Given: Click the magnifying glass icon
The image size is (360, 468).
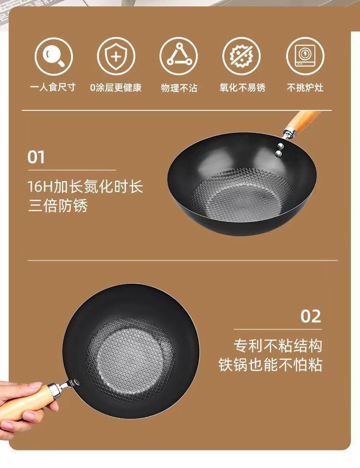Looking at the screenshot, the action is (x=54, y=57).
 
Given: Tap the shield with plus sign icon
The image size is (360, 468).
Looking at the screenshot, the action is (x=116, y=56).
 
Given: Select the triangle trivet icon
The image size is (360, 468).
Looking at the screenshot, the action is (x=179, y=56).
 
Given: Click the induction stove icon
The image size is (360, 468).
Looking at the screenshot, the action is (x=305, y=56).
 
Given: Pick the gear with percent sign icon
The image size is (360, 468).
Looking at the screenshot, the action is (x=242, y=56).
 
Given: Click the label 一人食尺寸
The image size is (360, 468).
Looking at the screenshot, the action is (x=53, y=88).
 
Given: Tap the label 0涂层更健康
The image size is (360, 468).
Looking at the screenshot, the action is (x=116, y=88).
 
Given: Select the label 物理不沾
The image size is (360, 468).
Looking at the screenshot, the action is (x=179, y=88).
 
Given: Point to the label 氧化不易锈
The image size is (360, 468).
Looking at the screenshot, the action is (x=242, y=88).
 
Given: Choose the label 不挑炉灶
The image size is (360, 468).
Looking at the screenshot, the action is (x=305, y=88).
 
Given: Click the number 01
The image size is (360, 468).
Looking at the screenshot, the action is (x=36, y=157).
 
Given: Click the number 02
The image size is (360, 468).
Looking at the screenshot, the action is (x=311, y=316).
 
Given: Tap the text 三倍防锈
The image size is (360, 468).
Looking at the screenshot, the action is (x=58, y=206).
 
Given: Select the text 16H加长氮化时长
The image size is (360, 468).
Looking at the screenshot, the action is (x=86, y=187).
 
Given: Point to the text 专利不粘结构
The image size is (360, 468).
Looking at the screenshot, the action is (x=278, y=346).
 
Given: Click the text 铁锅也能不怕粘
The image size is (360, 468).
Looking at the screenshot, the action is (x=270, y=364).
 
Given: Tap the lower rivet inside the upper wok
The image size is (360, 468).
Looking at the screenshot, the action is (x=278, y=153).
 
